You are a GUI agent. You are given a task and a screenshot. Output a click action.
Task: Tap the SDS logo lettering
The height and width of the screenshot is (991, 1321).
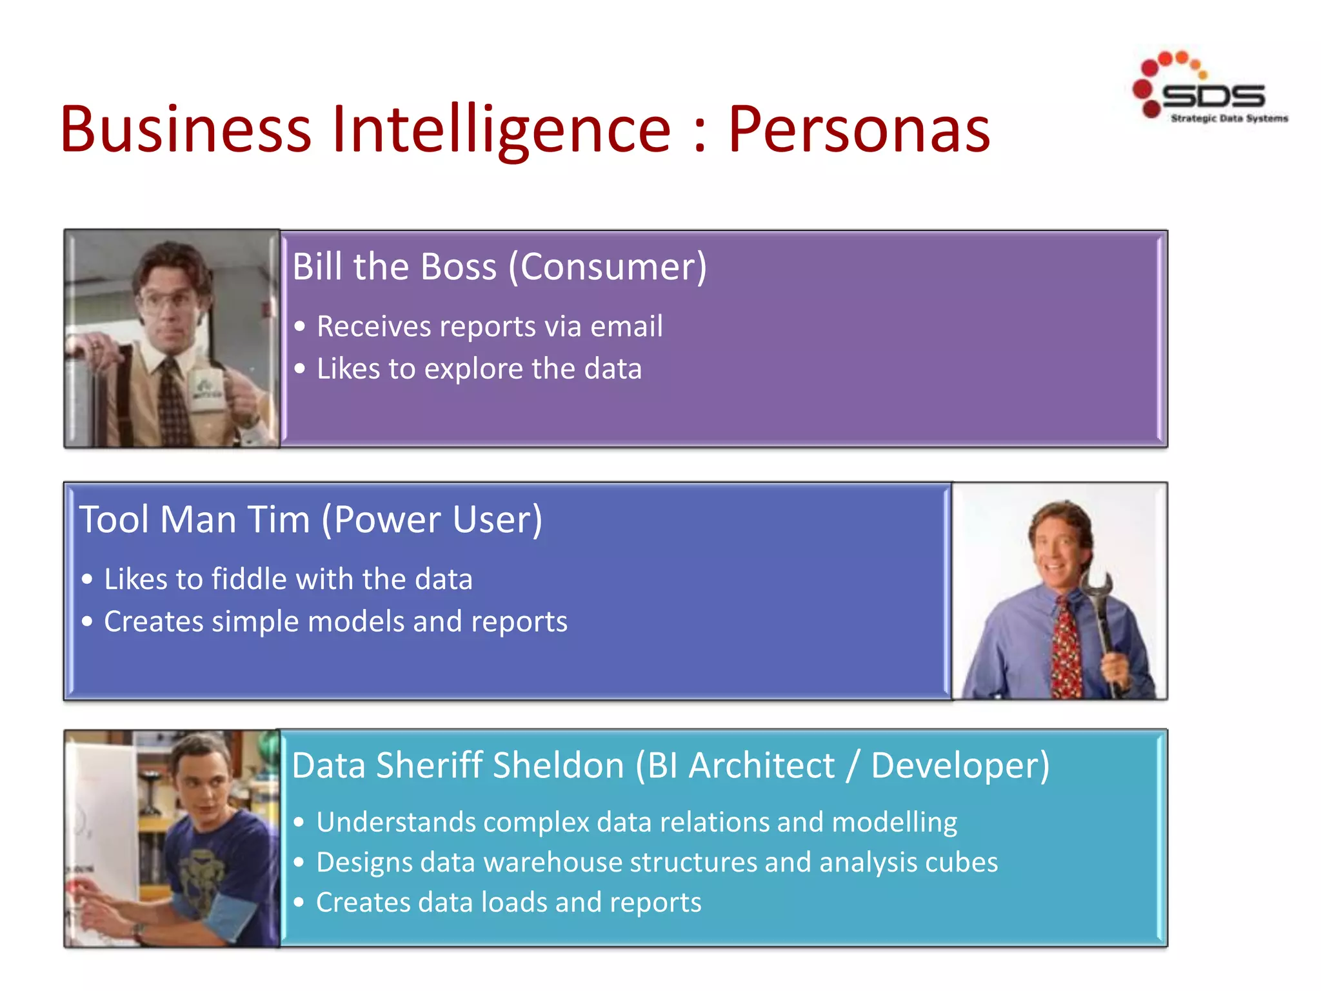[1213, 97]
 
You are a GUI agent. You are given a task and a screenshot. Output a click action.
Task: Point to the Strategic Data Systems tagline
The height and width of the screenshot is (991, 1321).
[1229, 119]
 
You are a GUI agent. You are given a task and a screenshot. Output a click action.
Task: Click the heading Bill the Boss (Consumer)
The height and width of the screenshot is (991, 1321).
[499, 266]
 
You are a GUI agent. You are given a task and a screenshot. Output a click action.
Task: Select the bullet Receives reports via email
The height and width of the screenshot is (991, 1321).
[489, 326]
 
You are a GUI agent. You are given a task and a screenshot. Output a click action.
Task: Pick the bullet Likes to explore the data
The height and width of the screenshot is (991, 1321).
[479, 369]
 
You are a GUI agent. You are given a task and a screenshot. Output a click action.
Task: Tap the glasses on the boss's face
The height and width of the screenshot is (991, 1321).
[169, 302]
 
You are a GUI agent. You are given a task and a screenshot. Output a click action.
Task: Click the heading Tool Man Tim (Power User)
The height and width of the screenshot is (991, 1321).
[310, 519]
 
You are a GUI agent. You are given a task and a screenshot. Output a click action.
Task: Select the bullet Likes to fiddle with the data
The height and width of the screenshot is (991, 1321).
[288, 579]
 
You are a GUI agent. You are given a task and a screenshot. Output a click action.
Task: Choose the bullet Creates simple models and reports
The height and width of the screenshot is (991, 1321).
[335, 622]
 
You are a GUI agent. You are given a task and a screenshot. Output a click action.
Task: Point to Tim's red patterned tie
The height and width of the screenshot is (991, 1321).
[1066, 652]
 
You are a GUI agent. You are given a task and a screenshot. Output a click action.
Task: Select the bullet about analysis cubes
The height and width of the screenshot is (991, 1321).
[656, 863]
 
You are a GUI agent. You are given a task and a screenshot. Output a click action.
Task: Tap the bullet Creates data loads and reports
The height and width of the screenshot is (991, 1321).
[508, 903]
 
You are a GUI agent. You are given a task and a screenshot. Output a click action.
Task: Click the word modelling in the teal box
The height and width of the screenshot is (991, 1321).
[894, 823]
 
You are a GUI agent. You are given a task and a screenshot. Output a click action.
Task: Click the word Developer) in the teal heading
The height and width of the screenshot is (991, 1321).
[960, 766]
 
